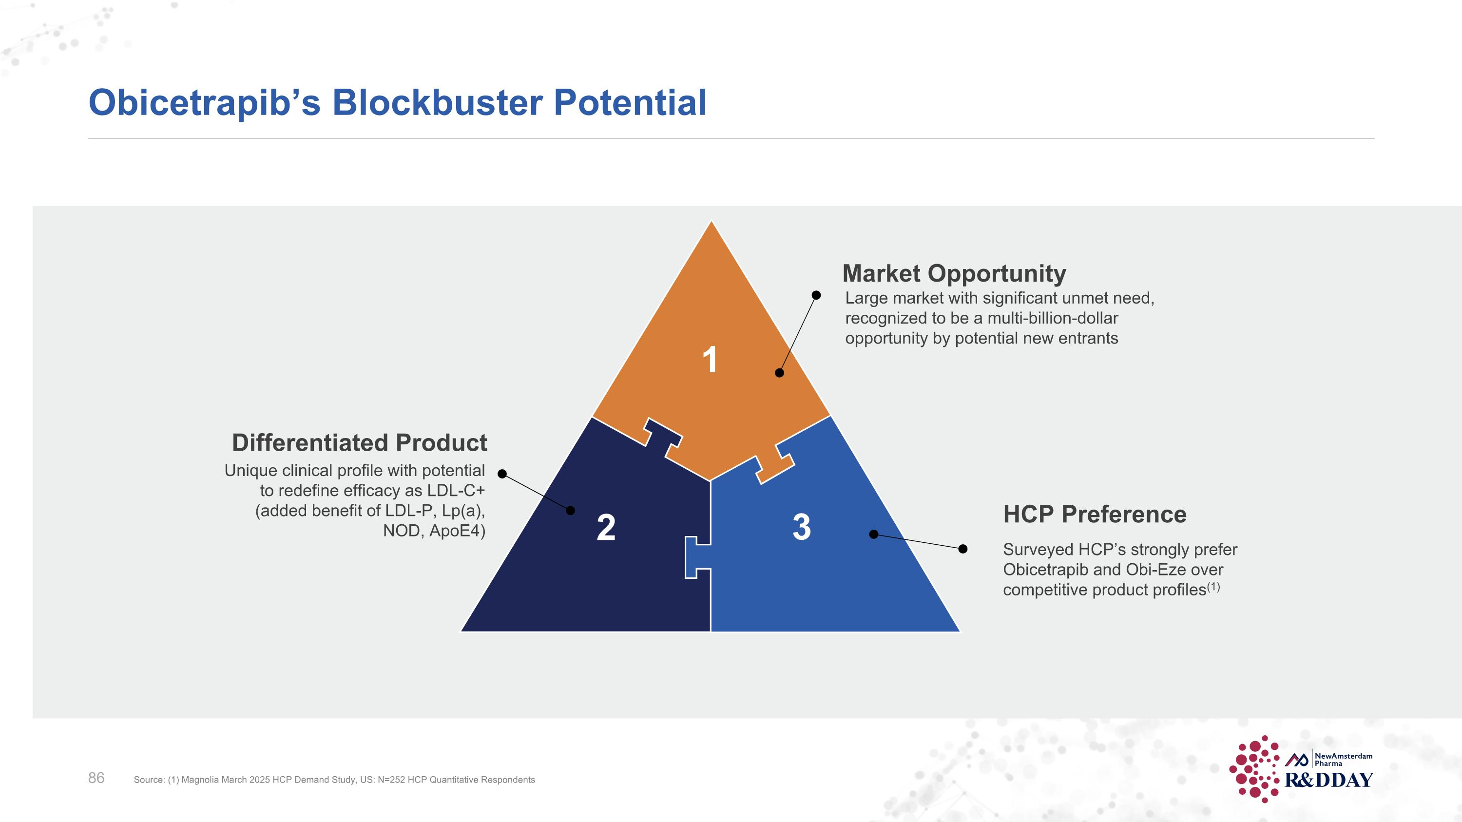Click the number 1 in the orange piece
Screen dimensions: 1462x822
pos(710,360)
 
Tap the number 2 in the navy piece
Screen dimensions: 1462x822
pos(606,528)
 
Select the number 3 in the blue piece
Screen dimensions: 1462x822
pos(801,527)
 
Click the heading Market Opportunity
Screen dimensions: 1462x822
pos(954,273)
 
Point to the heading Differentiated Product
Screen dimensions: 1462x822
pos(359,442)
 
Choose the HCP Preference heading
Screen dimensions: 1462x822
pos(1095,515)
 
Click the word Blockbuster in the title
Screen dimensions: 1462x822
pos(437,103)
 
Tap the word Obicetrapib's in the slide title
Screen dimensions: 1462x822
pos(204,104)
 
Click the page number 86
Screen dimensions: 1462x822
pos(96,778)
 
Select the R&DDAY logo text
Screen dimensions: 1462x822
pos(1328,780)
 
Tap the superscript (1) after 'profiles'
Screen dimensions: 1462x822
pos(1213,587)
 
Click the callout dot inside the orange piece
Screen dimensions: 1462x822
pos(779,373)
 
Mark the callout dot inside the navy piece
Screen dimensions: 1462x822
pos(570,511)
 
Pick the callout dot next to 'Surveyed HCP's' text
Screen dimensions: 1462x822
pos(962,549)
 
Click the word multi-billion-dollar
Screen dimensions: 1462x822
pos(1053,318)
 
